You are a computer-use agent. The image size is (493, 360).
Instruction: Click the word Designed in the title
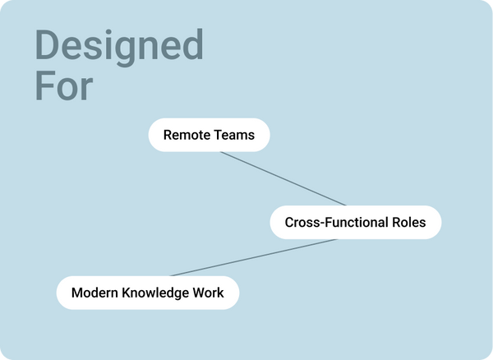(x=119, y=46)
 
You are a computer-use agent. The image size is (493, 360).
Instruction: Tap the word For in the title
(x=64, y=86)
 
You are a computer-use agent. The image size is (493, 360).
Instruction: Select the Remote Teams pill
(x=209, y=135)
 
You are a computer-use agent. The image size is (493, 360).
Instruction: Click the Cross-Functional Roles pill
(x=355, y=222)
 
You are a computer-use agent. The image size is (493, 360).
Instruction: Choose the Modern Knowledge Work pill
(x=147, y=293)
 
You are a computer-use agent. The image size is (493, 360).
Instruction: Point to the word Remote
(x=185, y=135)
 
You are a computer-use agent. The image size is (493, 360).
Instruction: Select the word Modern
(x=93, y=293)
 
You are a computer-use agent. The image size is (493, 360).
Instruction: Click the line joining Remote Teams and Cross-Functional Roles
(x=283, y=178)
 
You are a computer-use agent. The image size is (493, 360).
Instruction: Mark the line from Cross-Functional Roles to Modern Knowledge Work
(x=253, y=257)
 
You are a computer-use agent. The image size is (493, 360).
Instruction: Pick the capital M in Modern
(x=77, y=293)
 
